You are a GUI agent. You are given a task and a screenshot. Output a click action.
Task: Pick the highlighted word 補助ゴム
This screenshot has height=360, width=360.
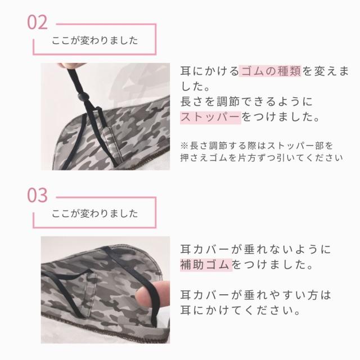[206, 263]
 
